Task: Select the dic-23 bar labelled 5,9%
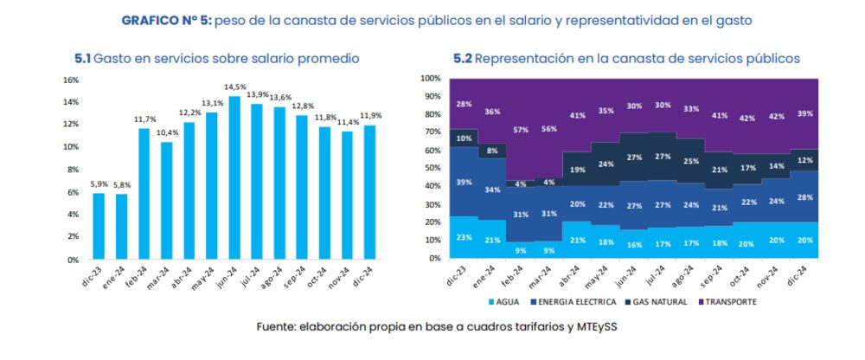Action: (99, 226)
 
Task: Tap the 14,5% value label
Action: (234, 87)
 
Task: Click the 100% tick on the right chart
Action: (431, 78)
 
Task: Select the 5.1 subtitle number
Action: (82, 58)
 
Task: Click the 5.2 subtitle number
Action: (463, 58)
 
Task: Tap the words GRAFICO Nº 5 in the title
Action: (163, 19)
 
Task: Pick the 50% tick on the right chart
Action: (432, 169)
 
